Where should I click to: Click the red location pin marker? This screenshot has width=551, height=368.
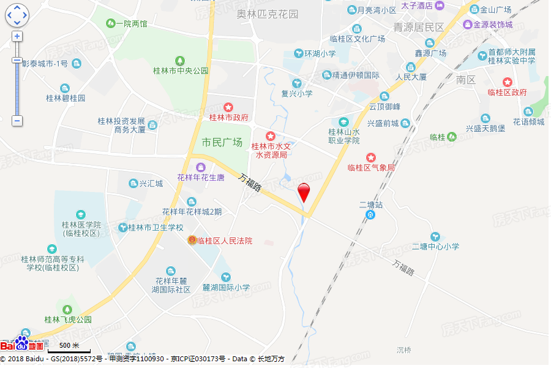click(x=303, y=191)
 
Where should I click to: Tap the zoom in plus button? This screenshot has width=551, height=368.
click(x=17, y=36)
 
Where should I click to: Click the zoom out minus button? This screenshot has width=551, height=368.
click(x=17, y=121)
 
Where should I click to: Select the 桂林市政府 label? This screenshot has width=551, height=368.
click(x=228, y=117)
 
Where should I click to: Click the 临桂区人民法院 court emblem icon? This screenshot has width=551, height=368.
click(x=192, y=240)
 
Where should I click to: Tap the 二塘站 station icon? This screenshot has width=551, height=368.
click(x=370, y=215)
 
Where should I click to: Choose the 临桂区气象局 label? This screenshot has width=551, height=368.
click(x=371, y=167)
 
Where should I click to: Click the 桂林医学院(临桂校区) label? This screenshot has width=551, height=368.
click(x=81, y=229)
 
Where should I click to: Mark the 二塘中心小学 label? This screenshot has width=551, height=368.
click(x=435, y=247)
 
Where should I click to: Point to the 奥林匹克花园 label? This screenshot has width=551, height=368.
click(x=268, y=13)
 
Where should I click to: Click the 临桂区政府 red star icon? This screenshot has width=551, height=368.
click(x=507, y=82)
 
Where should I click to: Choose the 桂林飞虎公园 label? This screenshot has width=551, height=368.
click(x=67, y=320)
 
